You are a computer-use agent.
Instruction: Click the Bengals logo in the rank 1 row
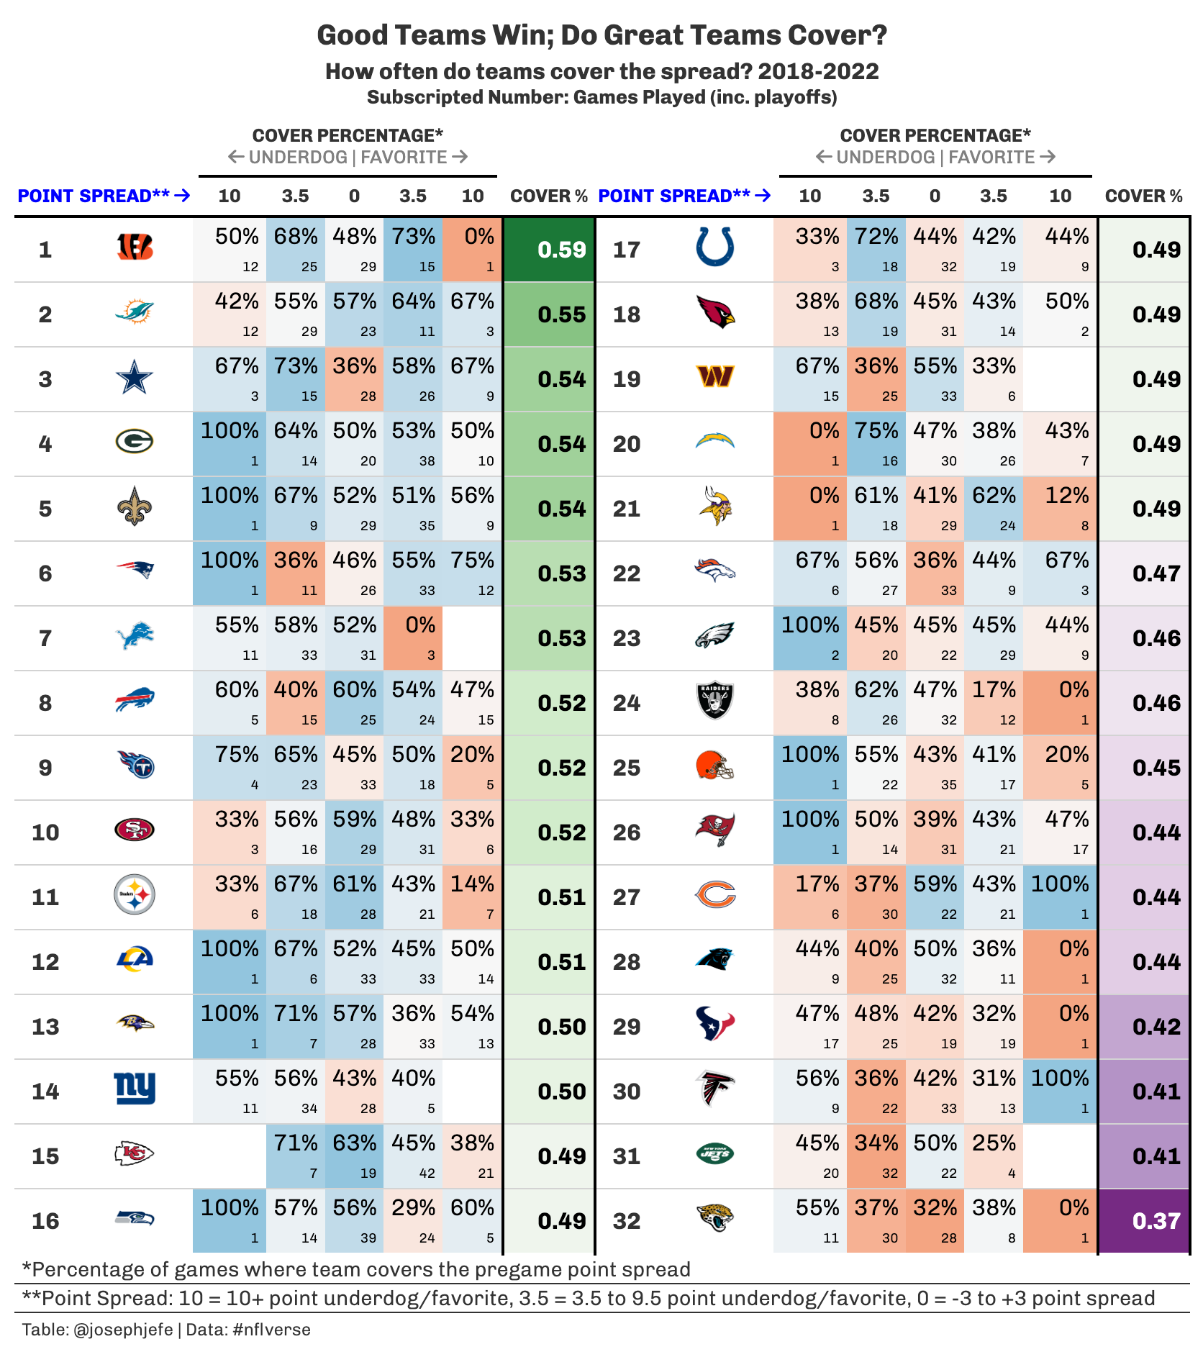tap(135, 248)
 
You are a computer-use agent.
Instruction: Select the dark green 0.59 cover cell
tap(550, 250)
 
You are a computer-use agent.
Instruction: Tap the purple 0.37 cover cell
tap(1144, 1220)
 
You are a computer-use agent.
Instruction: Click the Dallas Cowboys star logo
tap(135, 378)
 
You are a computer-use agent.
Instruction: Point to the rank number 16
tap(45, 1221)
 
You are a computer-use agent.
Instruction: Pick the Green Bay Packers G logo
tap(135, 441)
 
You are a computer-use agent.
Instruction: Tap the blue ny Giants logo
tap(135, 1088)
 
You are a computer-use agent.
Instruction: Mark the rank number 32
tap(627, 1221)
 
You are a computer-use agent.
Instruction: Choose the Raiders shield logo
tap(715, 701)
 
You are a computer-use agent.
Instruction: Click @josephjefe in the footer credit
tap(123, 1330)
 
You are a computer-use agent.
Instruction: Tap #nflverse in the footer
tap(272, 1330)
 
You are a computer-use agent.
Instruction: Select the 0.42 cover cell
tap(1144, 1026)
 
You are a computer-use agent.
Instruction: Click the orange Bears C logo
tap(715, 895)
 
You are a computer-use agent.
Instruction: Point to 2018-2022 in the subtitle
tap(818, 72)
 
